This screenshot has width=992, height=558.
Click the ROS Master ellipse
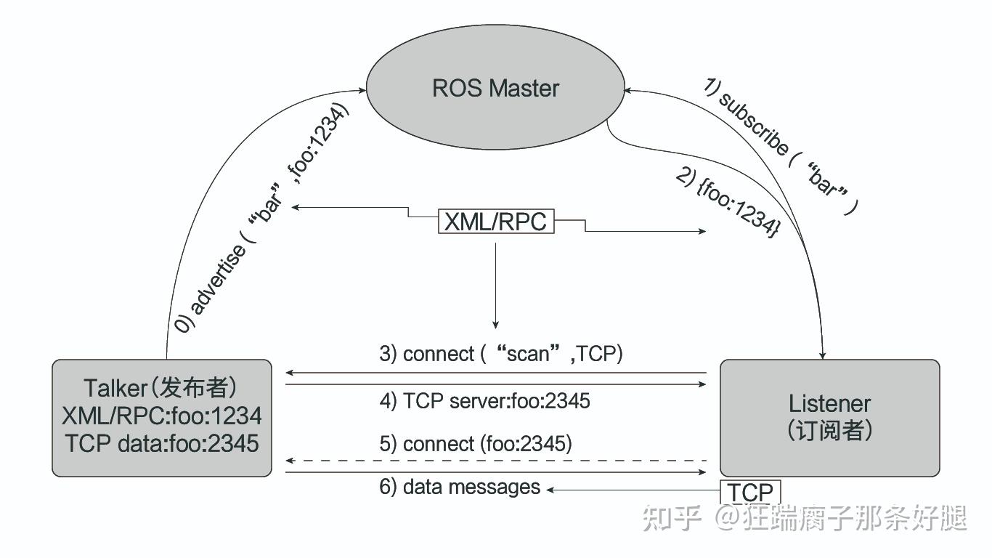(x=495, y=89)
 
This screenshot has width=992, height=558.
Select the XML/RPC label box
(x=496, y=222)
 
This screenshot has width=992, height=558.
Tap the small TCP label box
(x=750, y=492)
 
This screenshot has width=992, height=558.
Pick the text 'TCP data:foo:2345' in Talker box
(x=162, y=443)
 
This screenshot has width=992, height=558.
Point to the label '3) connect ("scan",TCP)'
(x=501, y=354)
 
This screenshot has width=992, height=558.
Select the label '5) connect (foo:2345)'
(x=476, y=444)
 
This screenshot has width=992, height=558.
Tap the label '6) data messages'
(x=460, y=487)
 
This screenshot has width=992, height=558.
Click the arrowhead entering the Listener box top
(x=824, y=354)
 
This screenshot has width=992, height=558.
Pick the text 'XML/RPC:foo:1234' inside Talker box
(x=162, y=416)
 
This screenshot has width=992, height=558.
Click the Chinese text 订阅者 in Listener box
(x=829, y=430)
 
